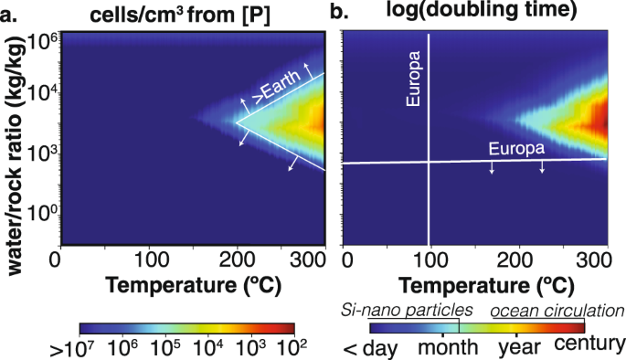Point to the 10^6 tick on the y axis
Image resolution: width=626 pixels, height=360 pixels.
point(39,43)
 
